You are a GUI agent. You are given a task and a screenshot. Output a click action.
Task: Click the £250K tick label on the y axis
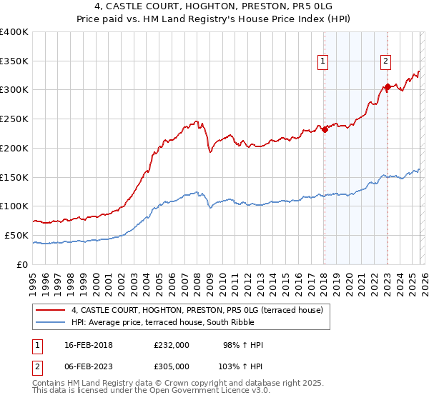click(x=14, y=119)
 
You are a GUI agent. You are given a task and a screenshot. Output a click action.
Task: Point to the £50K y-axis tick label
click(x=16, y=235)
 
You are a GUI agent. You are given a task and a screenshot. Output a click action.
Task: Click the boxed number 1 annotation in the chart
click(x=323, y=62)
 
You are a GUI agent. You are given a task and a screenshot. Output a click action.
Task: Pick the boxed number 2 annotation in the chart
click(x=385, y=62)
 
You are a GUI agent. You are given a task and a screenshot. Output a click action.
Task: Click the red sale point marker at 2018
click(x=325, y=129)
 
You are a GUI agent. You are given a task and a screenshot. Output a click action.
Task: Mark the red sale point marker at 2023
click(x=387, y=87)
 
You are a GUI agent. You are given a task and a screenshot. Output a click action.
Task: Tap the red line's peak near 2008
click(x=196, y=121)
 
